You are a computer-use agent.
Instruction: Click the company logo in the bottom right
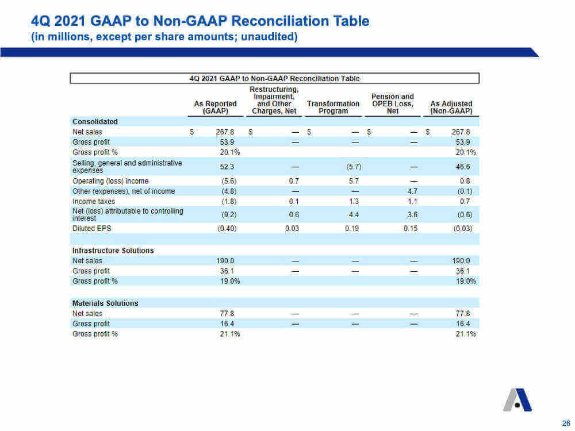517,400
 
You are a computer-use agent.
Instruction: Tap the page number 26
566,423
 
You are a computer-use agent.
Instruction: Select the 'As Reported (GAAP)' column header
215,107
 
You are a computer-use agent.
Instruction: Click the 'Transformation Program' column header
333,107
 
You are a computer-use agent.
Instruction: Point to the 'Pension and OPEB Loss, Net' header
392,103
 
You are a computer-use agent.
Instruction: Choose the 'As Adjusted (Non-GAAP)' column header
451,107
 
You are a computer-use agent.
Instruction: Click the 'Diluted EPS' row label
91,228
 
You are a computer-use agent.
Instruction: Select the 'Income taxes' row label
94,202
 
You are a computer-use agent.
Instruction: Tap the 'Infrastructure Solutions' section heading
113,251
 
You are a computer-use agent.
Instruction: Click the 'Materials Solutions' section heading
105,303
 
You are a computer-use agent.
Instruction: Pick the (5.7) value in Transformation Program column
354,167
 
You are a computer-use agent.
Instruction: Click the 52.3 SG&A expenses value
227,167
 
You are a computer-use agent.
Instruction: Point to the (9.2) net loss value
229,215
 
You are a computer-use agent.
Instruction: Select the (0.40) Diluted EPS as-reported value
227,228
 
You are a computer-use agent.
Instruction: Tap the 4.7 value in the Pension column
412,191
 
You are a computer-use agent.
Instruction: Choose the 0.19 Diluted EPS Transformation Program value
352,228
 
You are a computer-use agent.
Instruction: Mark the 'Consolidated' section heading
95,121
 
